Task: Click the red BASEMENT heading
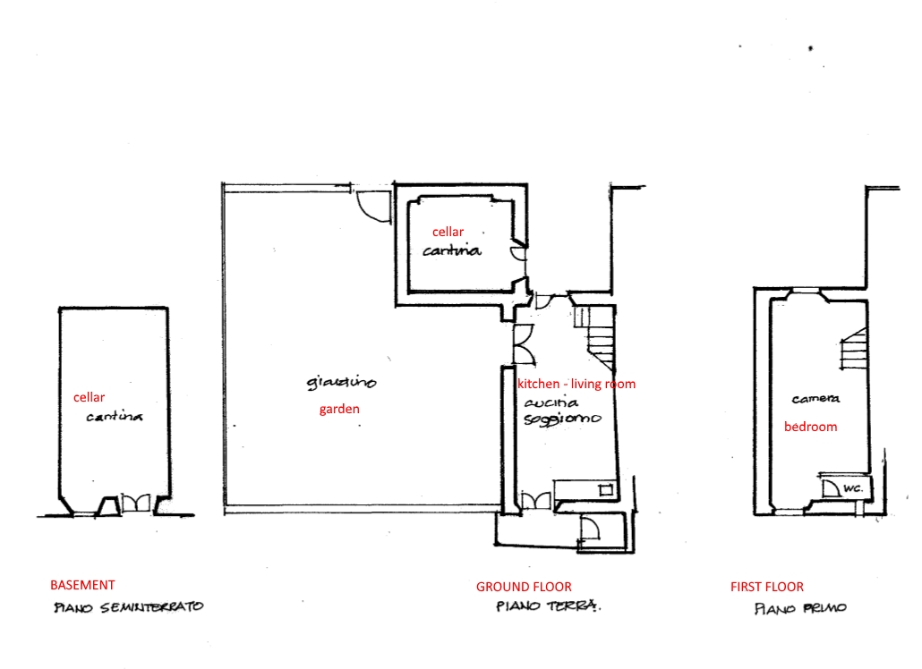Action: click(x=82, y=585)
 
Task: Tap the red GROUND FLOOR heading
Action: click(x=524, y=587)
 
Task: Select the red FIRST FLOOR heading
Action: click(x=767, y=587)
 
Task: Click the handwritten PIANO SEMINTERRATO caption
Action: click(x=129, y=607)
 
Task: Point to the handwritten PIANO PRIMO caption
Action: click(x=800, y=609)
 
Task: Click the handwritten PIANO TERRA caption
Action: click(x=548, y=607)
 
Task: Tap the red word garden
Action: click(x=339, y=410)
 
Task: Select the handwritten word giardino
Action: click(x=341, y=383)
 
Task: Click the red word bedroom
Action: click(x=810, y=427)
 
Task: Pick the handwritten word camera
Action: click(x=815, y=399)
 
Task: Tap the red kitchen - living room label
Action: click(x=576, y=384)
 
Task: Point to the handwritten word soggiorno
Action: click(x=562, y=419)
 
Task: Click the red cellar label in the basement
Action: click(x=89, y=397)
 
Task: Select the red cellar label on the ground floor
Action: click(x=448, y=232)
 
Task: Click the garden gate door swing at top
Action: click(x=371, y=205)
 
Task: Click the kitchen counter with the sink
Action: click(x=585, y=488)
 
